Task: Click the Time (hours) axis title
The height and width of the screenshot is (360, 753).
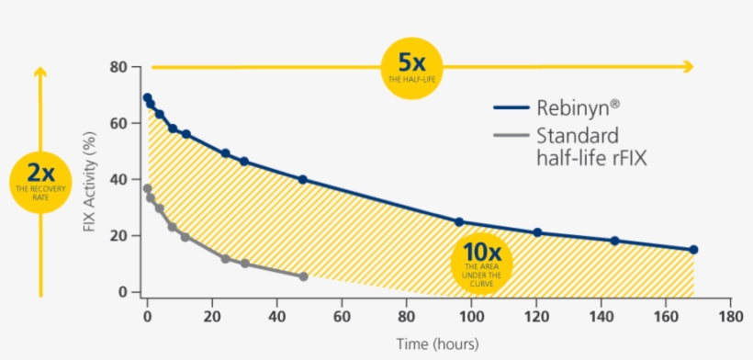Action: [437, 345]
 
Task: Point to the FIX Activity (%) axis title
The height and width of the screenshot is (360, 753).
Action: [89, 180]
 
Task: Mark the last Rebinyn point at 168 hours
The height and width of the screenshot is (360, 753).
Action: [693, 250]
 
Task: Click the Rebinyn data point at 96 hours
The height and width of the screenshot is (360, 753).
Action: [459, 222]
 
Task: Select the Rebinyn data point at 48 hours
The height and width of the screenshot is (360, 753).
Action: [303, 180]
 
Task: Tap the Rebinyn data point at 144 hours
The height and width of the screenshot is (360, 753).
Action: [615, 241]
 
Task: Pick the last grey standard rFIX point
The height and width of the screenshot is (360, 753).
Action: [303, 276]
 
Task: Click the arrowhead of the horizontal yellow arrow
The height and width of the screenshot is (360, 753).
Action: [689, 66]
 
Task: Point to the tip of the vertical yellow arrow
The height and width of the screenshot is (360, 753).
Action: [39, 70]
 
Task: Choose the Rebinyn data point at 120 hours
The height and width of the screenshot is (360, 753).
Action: [537, 232]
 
